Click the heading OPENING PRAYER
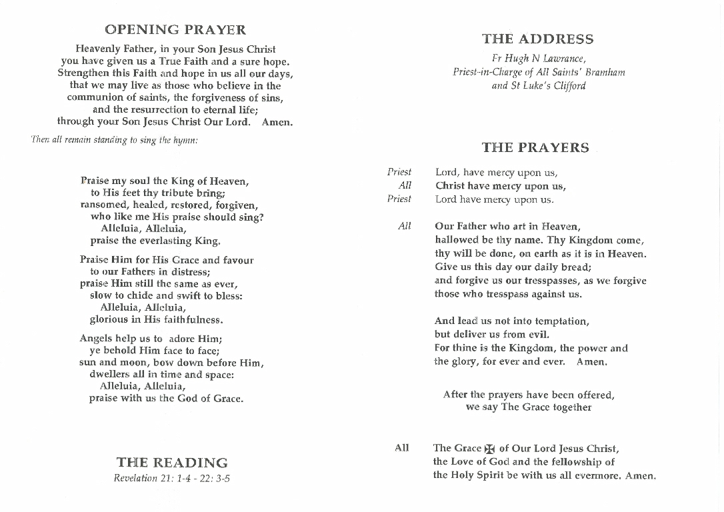coord(175,30)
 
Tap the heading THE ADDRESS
coord(537,39)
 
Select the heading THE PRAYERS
coord(535,148)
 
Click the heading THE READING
coord(172,463)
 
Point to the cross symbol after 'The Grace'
coord(490,449)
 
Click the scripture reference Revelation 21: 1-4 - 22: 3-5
coord(172,479)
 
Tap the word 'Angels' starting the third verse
coord(96,339)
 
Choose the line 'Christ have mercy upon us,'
coord(500,186)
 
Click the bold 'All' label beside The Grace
coord(402,448)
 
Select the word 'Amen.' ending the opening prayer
coord(277,122)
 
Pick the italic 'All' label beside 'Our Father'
coord(405,226)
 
